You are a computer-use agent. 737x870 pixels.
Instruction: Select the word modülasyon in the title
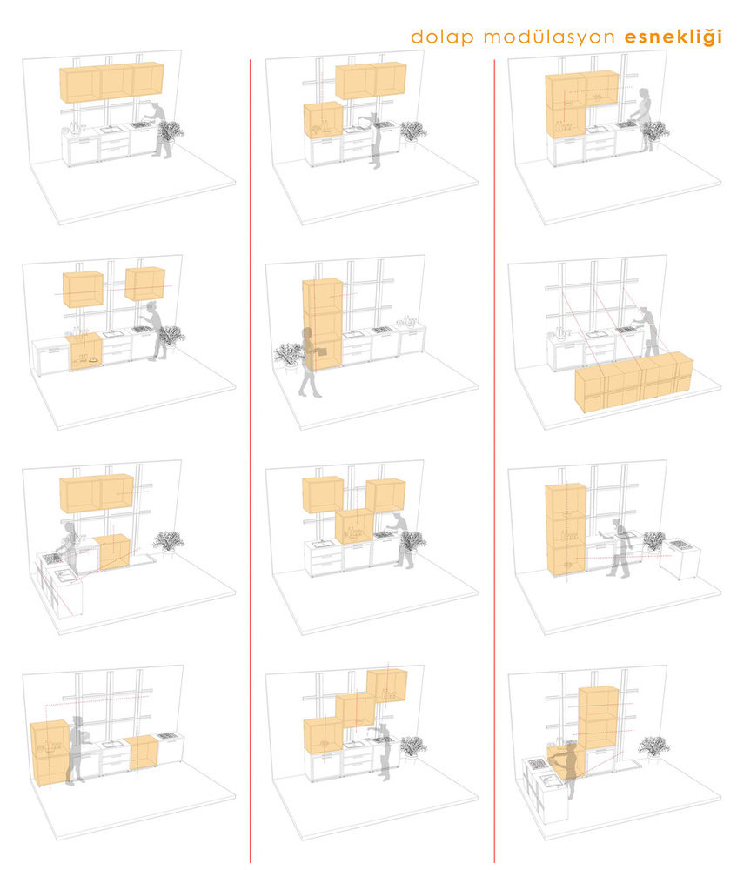[x=549, y=37]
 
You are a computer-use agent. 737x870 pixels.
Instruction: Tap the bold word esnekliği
[x=673, y=37]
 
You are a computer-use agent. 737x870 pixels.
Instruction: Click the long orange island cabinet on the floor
[x=633, y=382]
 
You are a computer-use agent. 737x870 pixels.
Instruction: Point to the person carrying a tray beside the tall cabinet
[x=309, y=362]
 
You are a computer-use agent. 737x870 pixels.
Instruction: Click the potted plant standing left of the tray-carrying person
[x=289, y=355]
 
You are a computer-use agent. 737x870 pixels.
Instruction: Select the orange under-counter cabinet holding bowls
[x=84, y=351]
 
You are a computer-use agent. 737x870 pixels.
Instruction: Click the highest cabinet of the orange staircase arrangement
[x=387, y=686]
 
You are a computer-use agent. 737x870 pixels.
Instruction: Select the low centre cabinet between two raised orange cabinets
[x=354, y=526]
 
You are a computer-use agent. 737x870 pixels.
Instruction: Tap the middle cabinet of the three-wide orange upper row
[x=116, y=83]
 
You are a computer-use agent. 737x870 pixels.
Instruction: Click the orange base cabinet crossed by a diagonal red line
[x=114, y=552]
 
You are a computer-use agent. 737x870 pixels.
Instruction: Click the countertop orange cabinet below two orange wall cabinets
[x=324, y=120]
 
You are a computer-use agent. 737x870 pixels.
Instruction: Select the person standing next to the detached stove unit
[x=620, y=549]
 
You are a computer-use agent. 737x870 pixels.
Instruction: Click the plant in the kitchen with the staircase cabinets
[x=413, y=746]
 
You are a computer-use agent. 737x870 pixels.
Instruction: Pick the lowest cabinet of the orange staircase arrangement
[x=323, y=736]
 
